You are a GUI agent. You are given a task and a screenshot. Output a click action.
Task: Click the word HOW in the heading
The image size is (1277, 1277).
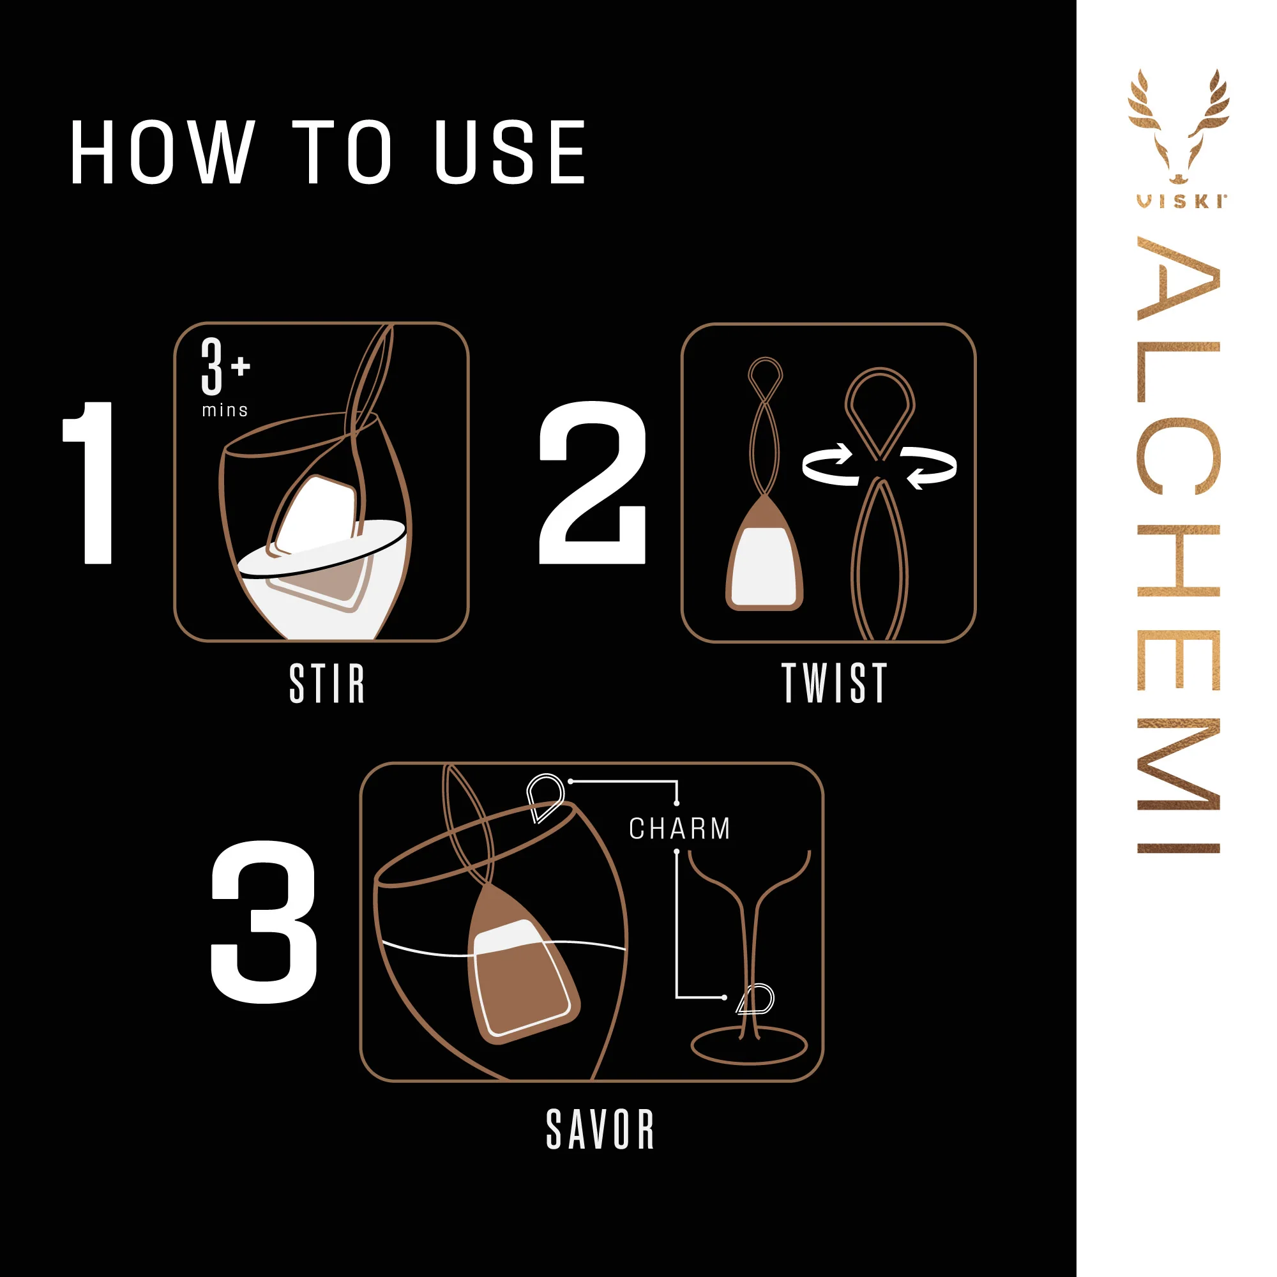(x=162, y=152)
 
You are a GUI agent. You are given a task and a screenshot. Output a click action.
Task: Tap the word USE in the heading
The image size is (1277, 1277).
(x=510, y=152)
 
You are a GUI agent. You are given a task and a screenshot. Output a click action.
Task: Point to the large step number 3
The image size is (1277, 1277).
(x=264, y=922)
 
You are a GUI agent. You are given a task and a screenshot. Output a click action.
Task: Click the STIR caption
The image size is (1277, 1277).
(x=327, y=683)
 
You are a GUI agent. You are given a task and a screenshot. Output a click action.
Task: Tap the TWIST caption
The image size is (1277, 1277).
(x=834, y=683)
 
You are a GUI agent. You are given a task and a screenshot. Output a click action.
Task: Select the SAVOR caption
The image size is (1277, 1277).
(x=600, y=1130)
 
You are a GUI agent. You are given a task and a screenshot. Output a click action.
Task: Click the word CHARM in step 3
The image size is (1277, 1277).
(x=679, y=829)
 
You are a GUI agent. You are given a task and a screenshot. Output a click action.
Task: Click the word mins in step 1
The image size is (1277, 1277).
(x=225, y=411)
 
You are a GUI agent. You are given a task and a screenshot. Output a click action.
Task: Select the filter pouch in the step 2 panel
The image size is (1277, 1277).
(x=765, y=559)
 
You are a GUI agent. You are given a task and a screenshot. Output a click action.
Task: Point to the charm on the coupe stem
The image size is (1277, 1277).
(x=757, y=1000)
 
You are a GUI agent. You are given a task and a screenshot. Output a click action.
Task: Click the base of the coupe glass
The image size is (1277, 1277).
(x=749, y=1047)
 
